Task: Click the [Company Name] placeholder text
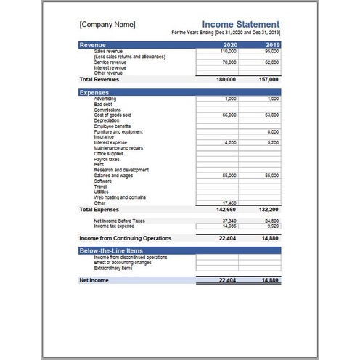107,24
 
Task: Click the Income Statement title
240,24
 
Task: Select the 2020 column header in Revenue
229,45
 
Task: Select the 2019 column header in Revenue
271,45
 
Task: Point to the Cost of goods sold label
112,115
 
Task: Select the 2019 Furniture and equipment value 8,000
273,131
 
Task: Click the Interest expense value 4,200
230,142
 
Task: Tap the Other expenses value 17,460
229,202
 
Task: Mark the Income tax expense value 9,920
272,226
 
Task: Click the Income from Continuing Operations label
125,237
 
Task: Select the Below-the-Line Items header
110,250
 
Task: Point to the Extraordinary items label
114,268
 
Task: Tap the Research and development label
121,170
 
